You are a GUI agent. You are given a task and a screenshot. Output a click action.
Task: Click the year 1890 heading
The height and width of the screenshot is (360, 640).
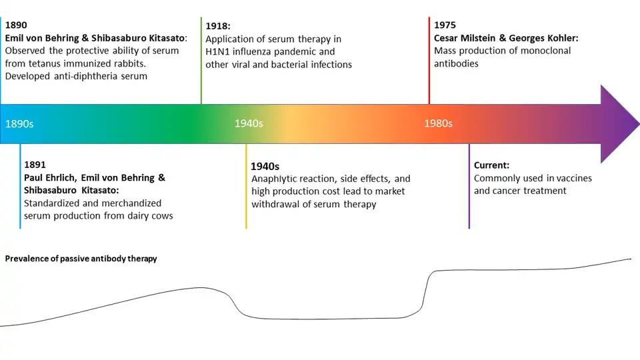(16, 25)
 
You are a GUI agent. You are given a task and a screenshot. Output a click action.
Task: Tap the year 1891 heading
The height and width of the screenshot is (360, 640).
(35, 164)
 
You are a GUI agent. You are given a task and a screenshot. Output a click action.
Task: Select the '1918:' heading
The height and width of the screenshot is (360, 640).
(218, 26)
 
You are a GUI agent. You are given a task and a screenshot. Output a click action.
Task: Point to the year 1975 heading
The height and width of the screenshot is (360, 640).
(445, 25)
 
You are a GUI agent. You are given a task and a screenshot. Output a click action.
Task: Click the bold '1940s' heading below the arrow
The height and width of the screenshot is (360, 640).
(265, 166)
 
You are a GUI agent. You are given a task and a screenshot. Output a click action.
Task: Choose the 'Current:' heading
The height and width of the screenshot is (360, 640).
(491, 165)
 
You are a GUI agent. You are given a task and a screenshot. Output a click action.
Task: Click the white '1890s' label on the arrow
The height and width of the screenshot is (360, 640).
(19, 124)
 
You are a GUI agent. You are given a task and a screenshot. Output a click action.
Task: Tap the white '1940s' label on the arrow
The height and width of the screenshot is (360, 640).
(249, 123)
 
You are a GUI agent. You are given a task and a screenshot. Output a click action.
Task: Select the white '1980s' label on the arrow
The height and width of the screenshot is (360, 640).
(439, 123)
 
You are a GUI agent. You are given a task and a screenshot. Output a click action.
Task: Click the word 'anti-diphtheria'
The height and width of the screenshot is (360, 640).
(86, 76)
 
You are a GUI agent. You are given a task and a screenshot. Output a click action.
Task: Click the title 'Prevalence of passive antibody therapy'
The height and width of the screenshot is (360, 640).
(81, 258)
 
